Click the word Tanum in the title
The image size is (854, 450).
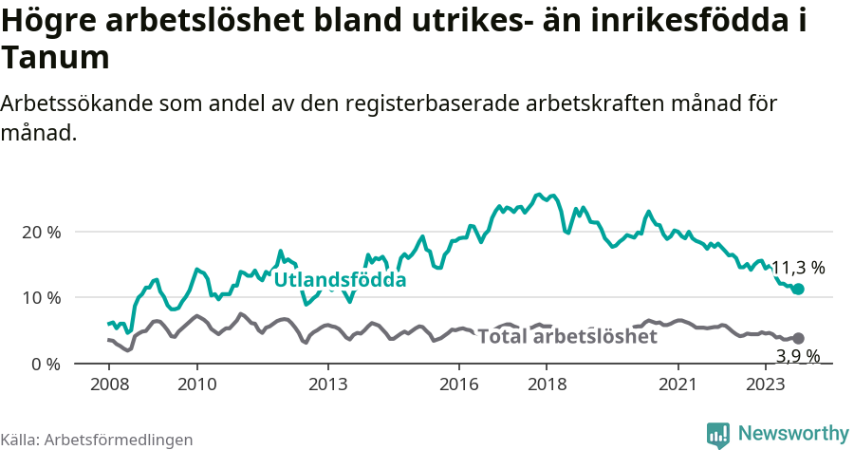(55, 58)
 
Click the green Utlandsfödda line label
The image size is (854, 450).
(340, 280)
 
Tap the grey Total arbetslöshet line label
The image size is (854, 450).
(566, 336)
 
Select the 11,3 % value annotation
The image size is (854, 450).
(797, 268)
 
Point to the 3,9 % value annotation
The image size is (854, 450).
(797, 356)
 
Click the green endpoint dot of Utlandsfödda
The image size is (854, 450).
(798, 289)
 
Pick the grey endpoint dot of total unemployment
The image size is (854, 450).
(798, 338)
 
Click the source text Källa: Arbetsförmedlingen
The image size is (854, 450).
(97, 440)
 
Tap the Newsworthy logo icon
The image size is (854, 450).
(718, 434)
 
